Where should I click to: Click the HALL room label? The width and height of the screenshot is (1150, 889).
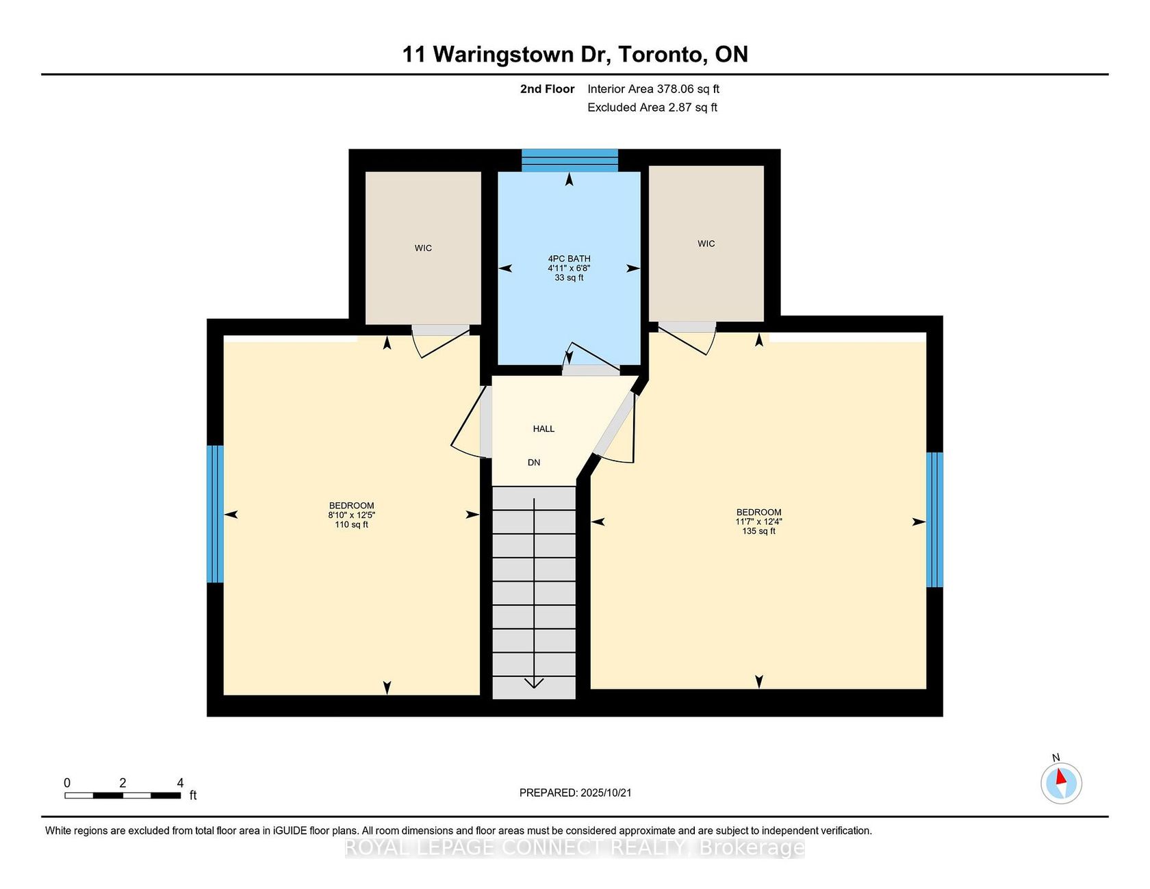(544, 429)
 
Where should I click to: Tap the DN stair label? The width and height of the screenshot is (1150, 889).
(534, 463)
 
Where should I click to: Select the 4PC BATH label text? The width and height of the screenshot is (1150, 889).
(569, 259)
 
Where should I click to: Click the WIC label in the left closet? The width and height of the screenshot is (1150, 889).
(423, 248)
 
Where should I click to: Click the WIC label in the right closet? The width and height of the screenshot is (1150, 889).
(706, 244)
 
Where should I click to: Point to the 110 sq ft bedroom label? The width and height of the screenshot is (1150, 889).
(352, 515)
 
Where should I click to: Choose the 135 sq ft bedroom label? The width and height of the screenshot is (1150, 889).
(759, 521)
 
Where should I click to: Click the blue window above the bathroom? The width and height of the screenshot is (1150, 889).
(570, 160)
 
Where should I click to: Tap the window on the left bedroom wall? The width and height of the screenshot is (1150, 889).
(215, 514)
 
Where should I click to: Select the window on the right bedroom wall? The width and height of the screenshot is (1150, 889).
(934, 519)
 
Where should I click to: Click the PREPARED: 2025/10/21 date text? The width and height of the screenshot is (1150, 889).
(575, 793)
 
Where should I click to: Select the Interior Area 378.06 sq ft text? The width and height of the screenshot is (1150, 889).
(653, 89)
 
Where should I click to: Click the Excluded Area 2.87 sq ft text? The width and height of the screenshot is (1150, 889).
(652, 107)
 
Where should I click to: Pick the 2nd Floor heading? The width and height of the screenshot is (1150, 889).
(547, 89)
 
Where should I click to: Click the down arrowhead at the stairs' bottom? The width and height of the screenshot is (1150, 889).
(534, 682)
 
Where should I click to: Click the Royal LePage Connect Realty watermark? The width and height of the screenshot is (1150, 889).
(574, 847)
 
